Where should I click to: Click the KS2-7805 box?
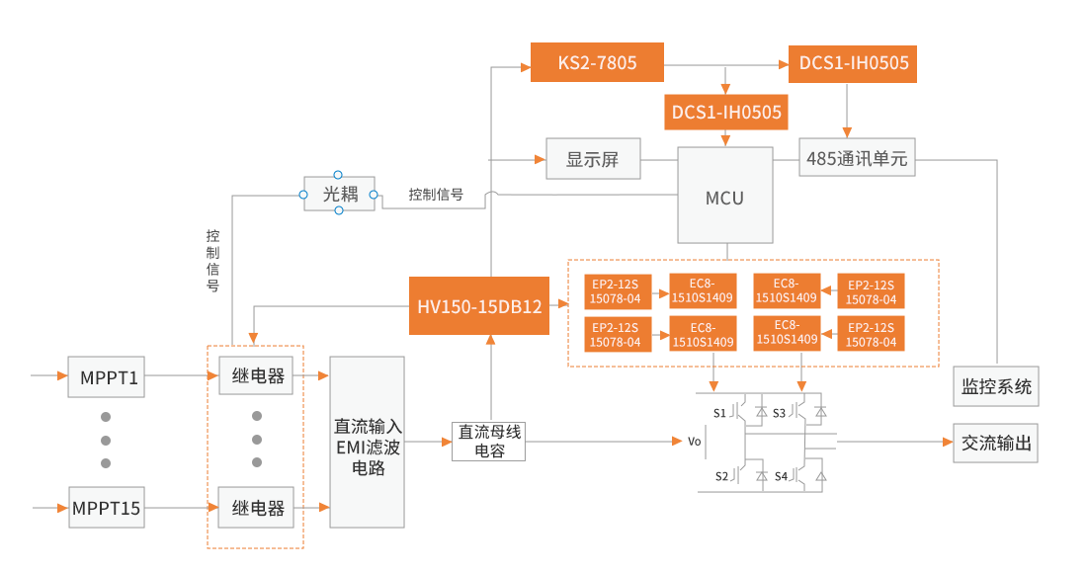tap(597, 63)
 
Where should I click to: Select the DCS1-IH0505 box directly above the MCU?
tap(726, 112)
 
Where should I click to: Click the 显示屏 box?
tap(592, 159)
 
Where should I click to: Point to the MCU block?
tap(724, 196)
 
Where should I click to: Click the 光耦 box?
tap(339, 195)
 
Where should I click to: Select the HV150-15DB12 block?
tap(479, 306)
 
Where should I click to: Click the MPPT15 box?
tap(107, 509)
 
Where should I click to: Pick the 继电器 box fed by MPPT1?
tap(257, 376)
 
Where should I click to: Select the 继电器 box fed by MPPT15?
tap(257, 509)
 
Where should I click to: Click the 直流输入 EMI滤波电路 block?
tap(368, 443)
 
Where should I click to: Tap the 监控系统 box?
tap(996, 386)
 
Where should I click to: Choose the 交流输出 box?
tap(996, 444)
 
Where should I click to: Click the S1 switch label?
tap(719, 411)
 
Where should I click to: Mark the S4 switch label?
tap(781, 476)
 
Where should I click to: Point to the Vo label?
tap(694, 441)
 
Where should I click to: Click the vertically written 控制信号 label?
tap(212, 261)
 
